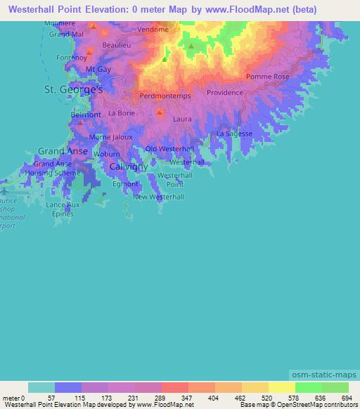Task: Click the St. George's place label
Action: [x=74, y=91]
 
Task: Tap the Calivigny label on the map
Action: [x=128, y=167]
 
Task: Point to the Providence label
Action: [x=224, y=92]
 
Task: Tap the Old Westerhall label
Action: [x=169, y=149]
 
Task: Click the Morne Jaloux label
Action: [x=111, y=137]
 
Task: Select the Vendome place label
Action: [x=154, y=30]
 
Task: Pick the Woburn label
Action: [x=107, y=153]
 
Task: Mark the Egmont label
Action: [x=125, y=184]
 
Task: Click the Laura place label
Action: [x=181, y=119]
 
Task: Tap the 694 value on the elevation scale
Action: [x=347, y=398]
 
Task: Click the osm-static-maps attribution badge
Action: [x=323, y=374]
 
